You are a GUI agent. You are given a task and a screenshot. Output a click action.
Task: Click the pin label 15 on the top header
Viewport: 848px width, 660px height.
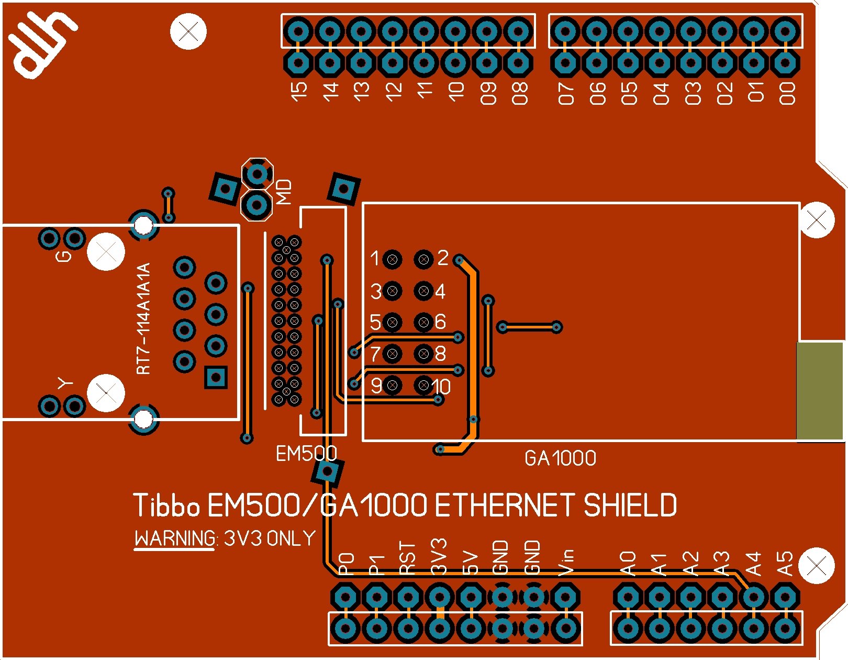coord(299,92)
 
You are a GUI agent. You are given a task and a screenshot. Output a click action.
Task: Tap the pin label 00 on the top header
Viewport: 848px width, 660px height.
coord(787,93)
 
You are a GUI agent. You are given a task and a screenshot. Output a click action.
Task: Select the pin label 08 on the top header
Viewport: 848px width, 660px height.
coord(520,93)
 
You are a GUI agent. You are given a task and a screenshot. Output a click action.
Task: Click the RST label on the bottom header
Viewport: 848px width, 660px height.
coord(407,558)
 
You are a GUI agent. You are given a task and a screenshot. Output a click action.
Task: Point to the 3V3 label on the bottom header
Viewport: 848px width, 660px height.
coord(439,556)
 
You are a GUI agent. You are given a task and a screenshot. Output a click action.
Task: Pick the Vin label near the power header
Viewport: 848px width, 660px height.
coord(566,562)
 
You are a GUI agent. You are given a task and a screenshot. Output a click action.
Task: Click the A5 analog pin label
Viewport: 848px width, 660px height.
coord(785,564)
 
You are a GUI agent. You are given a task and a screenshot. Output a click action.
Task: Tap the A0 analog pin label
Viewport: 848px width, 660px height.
coord(628,564)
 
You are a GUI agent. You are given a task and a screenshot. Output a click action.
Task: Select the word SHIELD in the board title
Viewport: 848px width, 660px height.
coord(630,505)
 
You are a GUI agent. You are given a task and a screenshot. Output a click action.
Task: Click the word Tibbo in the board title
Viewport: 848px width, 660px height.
coord(166,505)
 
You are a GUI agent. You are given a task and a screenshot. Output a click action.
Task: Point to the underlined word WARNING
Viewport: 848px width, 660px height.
coord(175,539)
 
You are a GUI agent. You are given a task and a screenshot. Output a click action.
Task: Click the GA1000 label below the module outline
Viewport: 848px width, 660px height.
coord(560,459)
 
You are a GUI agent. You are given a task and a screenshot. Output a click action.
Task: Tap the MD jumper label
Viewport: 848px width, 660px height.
coord(284,192)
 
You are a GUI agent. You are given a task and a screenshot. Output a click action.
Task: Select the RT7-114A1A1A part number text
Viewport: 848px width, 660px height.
coord(143,318)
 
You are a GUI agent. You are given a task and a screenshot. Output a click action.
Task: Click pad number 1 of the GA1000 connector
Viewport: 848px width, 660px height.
coord(392,259)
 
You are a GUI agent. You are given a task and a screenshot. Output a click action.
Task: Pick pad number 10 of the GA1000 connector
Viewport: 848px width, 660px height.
coord(424,386)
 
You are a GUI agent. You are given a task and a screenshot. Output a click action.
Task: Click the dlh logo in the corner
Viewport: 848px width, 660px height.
coord(42,45)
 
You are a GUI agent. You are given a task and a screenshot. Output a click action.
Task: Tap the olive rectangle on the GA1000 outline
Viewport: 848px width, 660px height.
coord(820,391)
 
